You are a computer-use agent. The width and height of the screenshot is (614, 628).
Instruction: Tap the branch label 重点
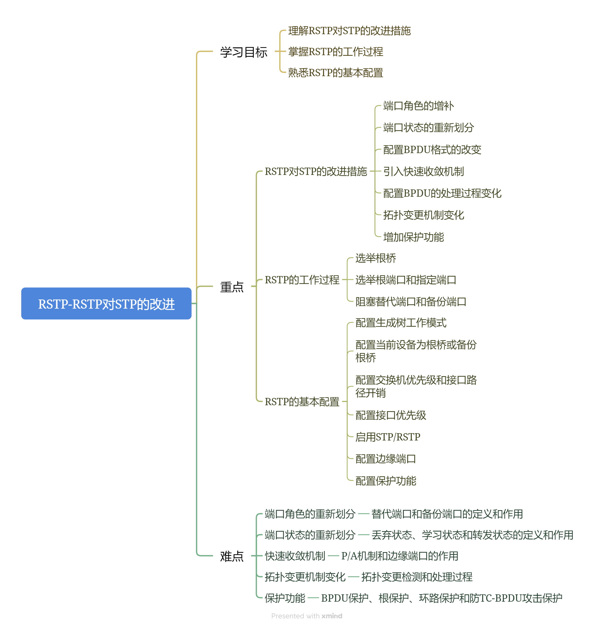(231, 287)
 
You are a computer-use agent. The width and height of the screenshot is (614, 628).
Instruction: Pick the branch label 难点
(231, 556)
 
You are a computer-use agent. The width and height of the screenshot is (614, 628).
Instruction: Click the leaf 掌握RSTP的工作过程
(335, 52)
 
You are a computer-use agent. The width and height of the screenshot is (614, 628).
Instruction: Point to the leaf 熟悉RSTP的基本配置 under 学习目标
(335, 73)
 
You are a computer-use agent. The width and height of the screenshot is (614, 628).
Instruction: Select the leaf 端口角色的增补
(418, 106)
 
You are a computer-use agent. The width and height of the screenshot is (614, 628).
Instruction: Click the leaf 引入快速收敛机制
(423, 171)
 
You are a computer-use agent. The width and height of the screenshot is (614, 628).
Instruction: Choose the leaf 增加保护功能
(413, 237)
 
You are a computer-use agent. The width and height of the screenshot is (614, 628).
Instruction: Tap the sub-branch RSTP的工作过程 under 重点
(302, 280)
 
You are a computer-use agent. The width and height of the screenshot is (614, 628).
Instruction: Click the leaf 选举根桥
(375, 258)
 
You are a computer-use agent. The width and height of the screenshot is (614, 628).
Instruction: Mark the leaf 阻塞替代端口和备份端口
(410, 301)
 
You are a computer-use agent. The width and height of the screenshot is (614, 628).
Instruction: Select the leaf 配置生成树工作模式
(401, 322)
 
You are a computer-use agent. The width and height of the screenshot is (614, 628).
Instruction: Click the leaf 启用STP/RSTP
(388, 437)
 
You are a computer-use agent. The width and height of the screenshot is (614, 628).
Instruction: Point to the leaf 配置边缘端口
(385, 458)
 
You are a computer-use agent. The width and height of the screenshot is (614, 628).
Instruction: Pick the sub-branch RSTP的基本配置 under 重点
(302, 401)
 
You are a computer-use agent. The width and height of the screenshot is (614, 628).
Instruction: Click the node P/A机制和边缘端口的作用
(399, 556)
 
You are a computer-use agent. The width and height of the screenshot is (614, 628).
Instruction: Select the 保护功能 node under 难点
(285, 598)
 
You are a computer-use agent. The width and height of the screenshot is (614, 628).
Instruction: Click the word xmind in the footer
(332, 616)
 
